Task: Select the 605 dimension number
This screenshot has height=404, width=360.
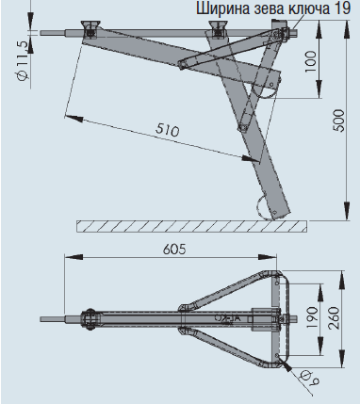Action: click(x=173, y=250)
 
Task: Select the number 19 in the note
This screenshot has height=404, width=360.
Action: click(x=345, y=9)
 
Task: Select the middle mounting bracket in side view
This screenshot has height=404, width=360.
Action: click(x=220, y=27)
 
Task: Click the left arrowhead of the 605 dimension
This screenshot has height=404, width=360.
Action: click(x=68, y=261)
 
